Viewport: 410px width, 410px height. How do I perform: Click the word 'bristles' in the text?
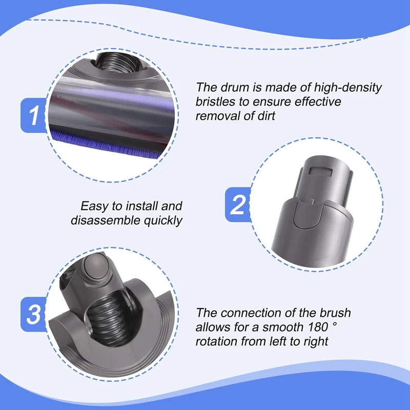point(216,101)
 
